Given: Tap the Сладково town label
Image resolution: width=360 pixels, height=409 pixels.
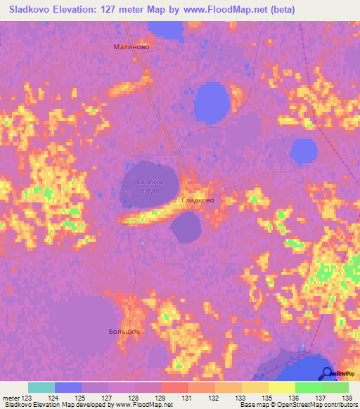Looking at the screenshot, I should tap(198, 200).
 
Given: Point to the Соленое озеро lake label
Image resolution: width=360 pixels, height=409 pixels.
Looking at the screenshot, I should tap(148, 186).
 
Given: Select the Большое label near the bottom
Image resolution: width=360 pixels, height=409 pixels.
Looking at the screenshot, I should tap(124, 331).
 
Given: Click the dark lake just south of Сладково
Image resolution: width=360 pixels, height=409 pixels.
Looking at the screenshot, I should tap(186, 228).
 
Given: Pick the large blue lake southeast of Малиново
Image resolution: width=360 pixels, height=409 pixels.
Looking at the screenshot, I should tap(212, 102).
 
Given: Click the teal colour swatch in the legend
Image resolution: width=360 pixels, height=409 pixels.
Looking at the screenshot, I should tap(41, 387).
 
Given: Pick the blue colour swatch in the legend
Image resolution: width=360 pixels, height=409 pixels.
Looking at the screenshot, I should tap(68, 387).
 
